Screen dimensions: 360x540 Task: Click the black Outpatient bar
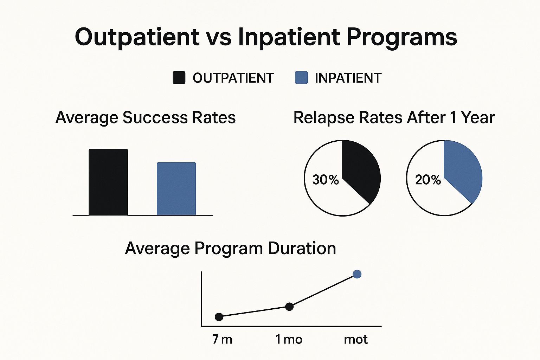coord(108,182)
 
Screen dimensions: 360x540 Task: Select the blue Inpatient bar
coord(176,188)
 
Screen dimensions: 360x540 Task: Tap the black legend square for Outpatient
coord(179,78)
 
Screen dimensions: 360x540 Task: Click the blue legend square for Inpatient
coord(301,78)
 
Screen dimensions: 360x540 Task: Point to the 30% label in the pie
coord(325,180)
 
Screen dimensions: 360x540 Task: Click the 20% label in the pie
coord(428,180)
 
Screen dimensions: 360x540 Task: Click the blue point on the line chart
coord(357,274)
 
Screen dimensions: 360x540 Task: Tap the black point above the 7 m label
coord(219,317)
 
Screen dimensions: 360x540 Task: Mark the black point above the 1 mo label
coord(289,307)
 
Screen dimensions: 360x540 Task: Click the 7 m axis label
coord(222,339)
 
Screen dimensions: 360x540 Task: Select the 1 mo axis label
coord(289,339)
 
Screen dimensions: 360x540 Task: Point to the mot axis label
coord(355,339)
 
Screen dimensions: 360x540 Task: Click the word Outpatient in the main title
coord(137,37)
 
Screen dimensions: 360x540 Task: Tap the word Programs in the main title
coord(402,37)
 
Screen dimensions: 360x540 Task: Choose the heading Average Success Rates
coord(146,117)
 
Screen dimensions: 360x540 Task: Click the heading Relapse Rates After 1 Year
coord(394,117)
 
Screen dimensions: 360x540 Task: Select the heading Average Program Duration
coord(231,249)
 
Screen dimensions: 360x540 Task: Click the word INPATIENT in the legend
coord(348,78)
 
